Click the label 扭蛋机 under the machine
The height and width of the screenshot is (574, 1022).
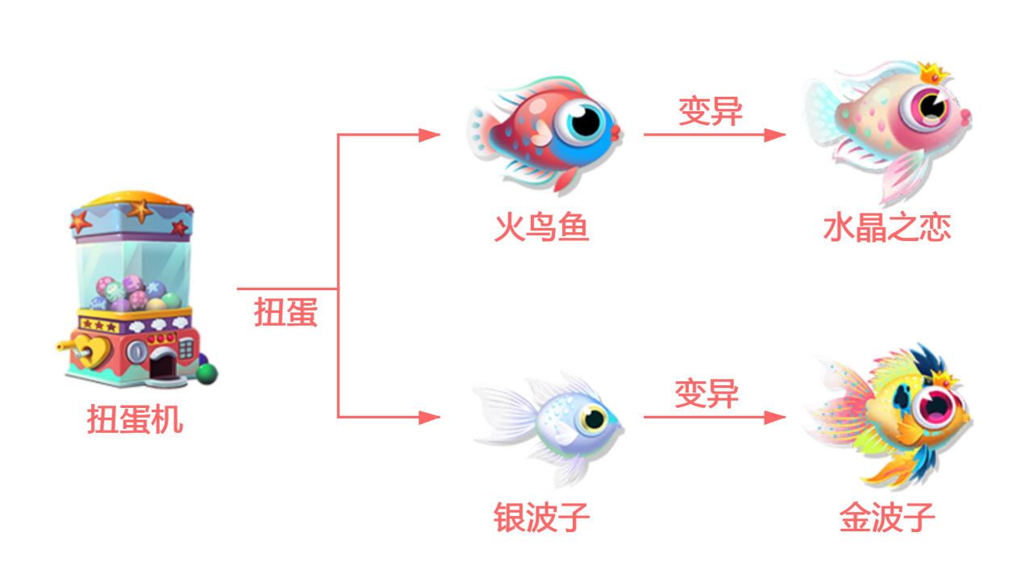click(x=135, y=419)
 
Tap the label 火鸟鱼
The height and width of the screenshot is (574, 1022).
click(x=542, y=227)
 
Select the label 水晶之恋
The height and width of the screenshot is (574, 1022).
click(x=887, y=227)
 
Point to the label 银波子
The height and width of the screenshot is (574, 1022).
click(x=542, y=517)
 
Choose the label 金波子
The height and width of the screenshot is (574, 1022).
click(x=887, y=517)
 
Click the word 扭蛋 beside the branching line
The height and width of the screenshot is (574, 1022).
click(x=286, y=312)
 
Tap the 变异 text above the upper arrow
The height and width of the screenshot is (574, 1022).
click(x=711, y=110)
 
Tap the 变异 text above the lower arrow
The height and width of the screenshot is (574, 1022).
click(x=707, y=393)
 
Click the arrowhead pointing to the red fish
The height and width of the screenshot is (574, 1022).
click(x=429, y=135)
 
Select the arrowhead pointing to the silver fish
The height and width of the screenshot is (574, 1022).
click(x=429, y=417)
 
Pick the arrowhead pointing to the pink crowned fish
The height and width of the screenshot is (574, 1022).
click(x=775, y=135)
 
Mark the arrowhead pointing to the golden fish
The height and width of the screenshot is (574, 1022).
click(x=775, y=417)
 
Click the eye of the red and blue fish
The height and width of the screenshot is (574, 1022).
click(x=585, y=123)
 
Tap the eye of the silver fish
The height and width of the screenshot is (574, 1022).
click(x=594, y=418)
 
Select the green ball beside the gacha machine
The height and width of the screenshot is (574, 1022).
click(x=207, y=374)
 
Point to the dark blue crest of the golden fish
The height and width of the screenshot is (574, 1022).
click(x=929, y=360)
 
